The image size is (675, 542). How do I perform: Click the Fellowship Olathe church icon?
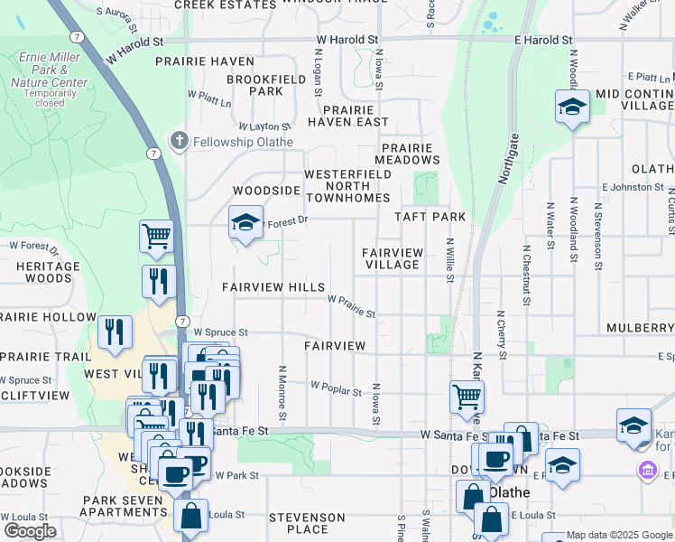click(180, 141)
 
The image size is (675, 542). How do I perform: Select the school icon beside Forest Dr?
click(245, 223)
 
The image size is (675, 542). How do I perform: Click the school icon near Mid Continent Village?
click(572, 107)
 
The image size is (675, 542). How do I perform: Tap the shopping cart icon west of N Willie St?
click(467, 395)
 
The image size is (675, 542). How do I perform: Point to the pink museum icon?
click(647, 471)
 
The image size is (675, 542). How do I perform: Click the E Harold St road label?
click(543, 41)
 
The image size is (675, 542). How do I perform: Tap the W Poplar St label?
click(336, 388)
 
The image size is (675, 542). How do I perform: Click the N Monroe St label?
click(282, 393)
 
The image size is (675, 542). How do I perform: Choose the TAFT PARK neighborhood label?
click(430, 217)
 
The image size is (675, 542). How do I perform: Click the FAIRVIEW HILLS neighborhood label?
click(273, 287)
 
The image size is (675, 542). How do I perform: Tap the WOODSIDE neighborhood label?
click(266, 191)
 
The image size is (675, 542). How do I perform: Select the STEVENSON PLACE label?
click(307, 524)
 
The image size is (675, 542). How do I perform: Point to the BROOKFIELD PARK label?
click(254, 85)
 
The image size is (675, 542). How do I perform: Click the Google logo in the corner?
click(30, 531)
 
